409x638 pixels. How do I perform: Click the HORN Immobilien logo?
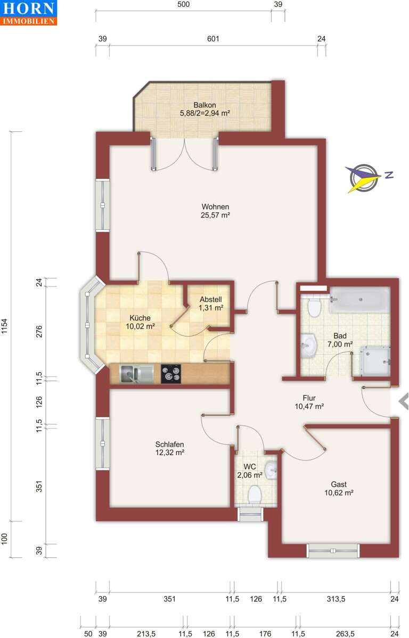point(29,13)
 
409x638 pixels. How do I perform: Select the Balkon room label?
point(204,109)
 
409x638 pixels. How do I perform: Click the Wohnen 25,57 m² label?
point(215,211)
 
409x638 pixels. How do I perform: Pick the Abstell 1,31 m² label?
point(211,303)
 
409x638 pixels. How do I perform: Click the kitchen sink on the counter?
point(136,374)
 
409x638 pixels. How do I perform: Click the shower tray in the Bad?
point(376,360)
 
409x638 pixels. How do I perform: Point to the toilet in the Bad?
point(314,307)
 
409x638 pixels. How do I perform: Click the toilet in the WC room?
point(255,494)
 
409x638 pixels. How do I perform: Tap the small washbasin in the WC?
point(272,469)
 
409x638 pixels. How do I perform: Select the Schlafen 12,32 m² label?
point(170,448)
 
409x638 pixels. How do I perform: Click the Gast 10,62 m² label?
point(339,488)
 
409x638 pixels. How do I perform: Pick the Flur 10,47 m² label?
point(309,401)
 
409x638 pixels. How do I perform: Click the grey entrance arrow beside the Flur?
point(403,402)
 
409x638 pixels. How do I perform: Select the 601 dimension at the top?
point(213,39)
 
